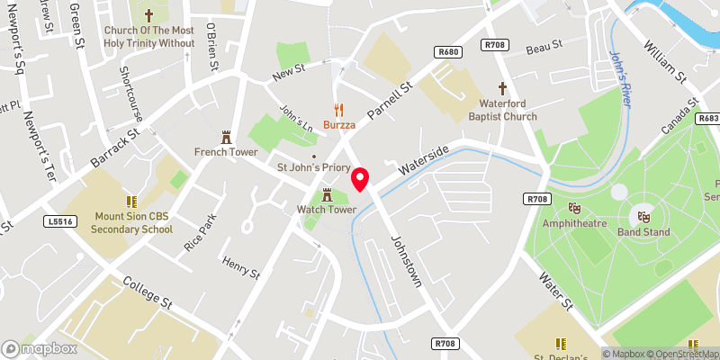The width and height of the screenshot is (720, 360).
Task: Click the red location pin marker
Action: (x=360, y=179)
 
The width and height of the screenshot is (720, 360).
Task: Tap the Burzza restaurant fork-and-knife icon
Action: (x=339, y=110)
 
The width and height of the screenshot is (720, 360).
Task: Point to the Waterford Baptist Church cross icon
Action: (x=502, y=88)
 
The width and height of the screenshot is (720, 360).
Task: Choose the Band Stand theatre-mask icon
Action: (x=643, y=216)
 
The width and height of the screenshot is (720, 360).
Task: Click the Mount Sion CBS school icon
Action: (x=131, y=202)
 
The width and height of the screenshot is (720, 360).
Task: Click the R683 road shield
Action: (x=708, y=118)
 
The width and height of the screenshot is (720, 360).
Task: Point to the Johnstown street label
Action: (x=406, y=262)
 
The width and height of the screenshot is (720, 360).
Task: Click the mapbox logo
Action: (x=40, y=348)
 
